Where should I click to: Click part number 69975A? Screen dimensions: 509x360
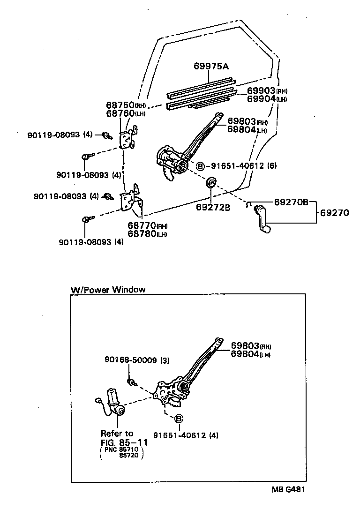(211, 67)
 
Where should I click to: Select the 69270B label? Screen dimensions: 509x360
(291, 202)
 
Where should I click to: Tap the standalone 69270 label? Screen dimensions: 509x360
(335, 213)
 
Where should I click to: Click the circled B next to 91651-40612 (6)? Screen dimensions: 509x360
(200, 166)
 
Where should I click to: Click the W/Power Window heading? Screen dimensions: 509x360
(108, 289)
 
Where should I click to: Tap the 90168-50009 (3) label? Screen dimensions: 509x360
(136, 360)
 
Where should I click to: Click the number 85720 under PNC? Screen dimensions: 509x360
(129, 455)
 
